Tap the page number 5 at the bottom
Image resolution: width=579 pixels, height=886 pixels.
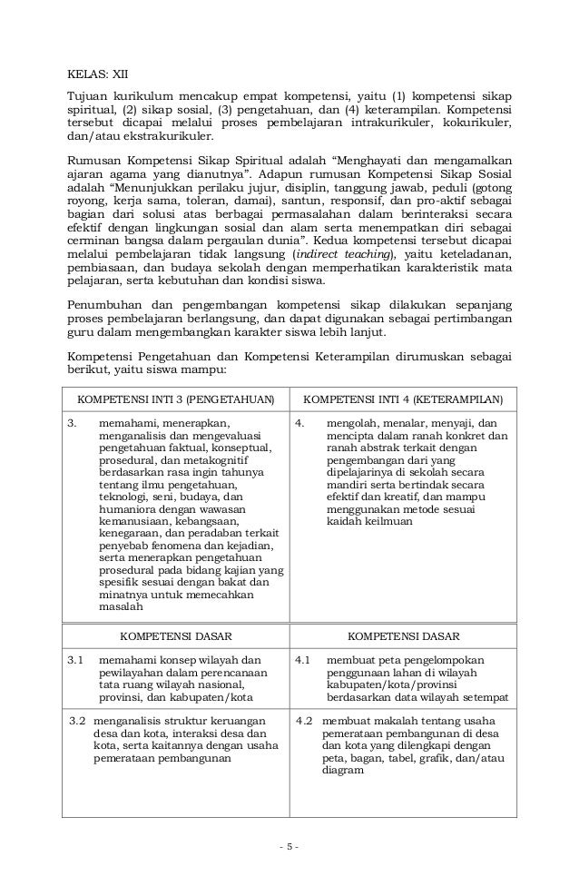pyautogui.click(x=289, y=848)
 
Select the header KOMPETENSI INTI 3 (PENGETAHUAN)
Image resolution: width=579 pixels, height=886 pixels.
pyautogui.click(x=174, y=399)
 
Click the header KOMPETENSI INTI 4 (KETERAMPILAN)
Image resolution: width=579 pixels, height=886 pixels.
pyautogui.click(x=402, y=399)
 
